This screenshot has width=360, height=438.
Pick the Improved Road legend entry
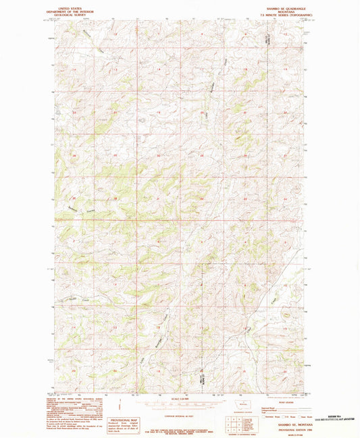265,407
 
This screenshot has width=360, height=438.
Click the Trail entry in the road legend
265,412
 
